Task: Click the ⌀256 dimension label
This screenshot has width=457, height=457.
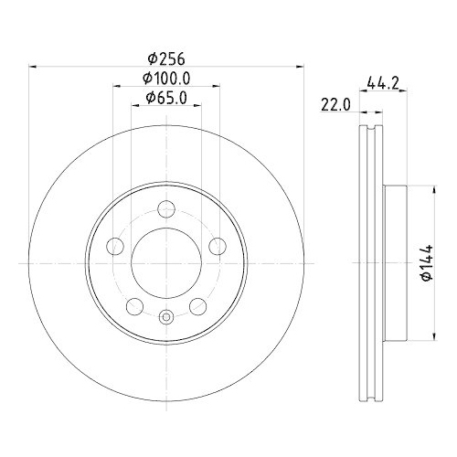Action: [166, 58]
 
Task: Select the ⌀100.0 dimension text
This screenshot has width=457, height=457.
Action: [166, 79]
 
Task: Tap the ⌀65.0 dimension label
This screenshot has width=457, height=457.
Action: [166, 98]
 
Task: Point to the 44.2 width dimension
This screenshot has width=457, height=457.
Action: [383, 83]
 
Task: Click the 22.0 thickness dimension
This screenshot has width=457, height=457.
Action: [335, 105]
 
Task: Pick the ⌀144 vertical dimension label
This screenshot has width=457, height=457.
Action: [426, 262]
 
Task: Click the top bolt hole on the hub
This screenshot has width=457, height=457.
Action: [166, 209]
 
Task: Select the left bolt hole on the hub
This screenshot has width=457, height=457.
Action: [115, 246]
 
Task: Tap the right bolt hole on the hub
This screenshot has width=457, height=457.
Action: [218, 246]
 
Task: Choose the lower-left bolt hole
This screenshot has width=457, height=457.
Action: [134, 306]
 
